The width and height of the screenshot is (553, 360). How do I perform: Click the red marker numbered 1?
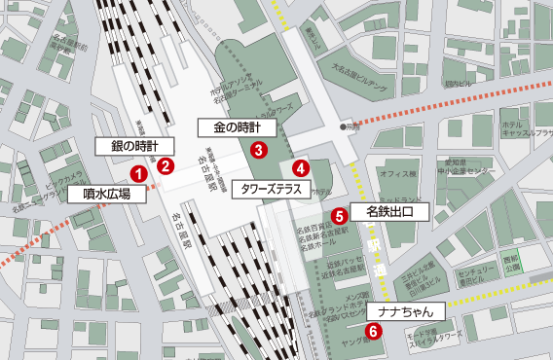138,174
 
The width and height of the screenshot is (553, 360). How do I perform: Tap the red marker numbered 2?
166,164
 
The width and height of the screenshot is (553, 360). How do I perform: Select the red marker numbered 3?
258,150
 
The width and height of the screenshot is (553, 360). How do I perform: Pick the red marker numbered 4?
301,167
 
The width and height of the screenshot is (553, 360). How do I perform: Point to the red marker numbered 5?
339,216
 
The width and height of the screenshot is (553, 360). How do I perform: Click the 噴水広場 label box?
108,194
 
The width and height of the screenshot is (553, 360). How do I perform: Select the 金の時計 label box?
238,127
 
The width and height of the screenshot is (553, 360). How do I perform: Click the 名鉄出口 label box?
389,210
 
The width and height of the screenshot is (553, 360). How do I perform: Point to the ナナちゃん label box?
405,311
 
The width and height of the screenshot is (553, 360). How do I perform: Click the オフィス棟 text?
397,174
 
